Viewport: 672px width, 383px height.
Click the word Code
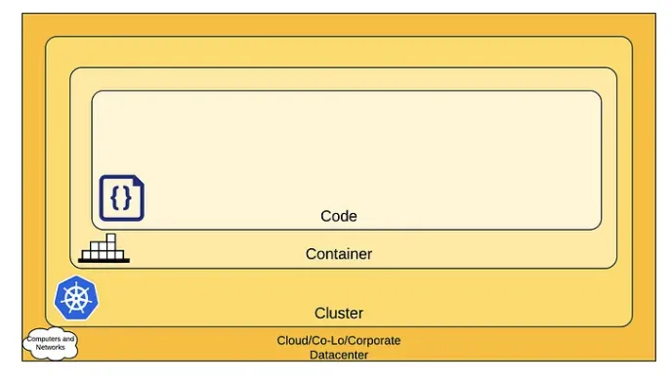click(x=339, y=216)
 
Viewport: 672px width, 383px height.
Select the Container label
click(x=339, y=254)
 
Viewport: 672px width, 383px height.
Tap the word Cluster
click(x=339, y=313)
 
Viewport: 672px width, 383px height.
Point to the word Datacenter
click(x=339, y=355)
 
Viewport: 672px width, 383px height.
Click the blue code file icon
click(x=122, y=197)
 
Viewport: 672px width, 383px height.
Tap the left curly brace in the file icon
click(x=115, y=198)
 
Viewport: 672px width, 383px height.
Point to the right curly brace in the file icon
click(x=127, y=198)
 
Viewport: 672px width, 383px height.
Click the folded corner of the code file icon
click(x=138, y=181)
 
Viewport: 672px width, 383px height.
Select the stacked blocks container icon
click(x=104, y=248)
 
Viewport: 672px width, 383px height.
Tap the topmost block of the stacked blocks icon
click(x=111, y=238)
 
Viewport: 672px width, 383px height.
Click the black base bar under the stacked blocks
click(x=104, y=261)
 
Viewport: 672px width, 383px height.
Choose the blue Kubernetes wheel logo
click(x=76, y=298)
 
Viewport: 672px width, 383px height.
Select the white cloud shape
click(x=51, y=343)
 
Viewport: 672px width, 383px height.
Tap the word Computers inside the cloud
click(x=44, y=339)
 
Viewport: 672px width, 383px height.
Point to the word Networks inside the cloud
click(x=50, y=347)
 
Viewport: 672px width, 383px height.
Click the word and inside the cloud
click(x=68, y=339)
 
